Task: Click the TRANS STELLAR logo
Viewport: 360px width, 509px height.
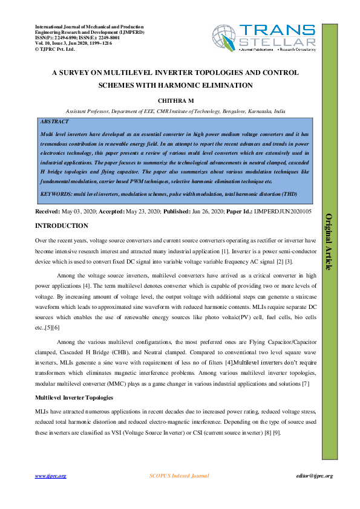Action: coord(264,38)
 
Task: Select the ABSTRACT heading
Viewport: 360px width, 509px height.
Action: coord(53,121)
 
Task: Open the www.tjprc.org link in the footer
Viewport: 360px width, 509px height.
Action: coord(50,476)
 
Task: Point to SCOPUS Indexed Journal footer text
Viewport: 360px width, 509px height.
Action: coord(179,476)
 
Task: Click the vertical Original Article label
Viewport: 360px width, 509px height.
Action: coord(330,242)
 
